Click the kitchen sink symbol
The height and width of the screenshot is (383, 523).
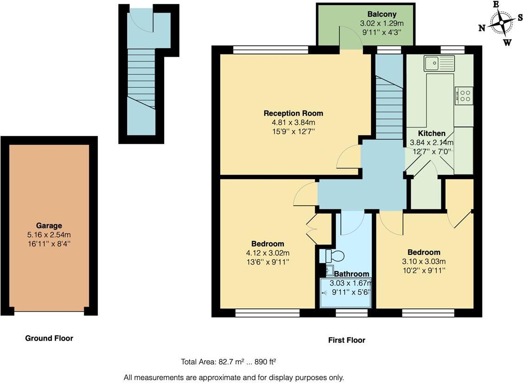pyautogui.click(x=439, y=63)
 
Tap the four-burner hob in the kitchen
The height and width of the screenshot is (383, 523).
pyautogui.click(x=464, y=96)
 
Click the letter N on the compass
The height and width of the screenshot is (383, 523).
pyautogui.click(x=482, y=28)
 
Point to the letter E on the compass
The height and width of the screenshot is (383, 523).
pyautogui.click(x=496, y=4)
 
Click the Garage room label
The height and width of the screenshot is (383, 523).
pyautogui.click(x=49, y=226)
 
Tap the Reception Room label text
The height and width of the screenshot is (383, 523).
pyautogui.click(x=293, y=113)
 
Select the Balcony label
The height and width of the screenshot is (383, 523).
pyautogui.click(x=382, y=14)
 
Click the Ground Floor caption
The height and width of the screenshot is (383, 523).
pyautogui.click(x=49, y=338)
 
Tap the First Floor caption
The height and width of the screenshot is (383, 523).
pyautogui.click(x=346, y=340)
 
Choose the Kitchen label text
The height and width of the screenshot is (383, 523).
pyautogui.click(x=431, y=133)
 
